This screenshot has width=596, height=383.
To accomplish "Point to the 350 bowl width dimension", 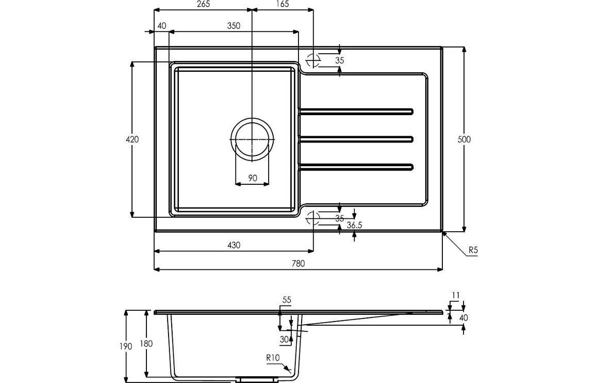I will tap(234, 26).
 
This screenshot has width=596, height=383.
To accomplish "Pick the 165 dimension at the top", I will tap(282, 4).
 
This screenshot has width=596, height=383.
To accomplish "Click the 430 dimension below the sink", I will tap(234, 246).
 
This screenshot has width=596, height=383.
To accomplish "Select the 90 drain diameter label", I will tap(253, 178).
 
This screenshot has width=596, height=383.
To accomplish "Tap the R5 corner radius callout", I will tap(473, 251).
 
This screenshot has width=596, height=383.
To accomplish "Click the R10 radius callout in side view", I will tap(273, 357).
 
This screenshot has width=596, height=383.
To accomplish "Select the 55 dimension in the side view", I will tap(287, 300).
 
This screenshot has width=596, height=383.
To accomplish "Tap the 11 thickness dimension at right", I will tap(455, 295).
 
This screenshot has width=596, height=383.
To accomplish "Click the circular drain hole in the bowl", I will tap(252, 139).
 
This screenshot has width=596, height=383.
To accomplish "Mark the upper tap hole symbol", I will tap(312, 60).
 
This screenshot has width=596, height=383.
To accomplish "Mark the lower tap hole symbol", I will tap(312, 218).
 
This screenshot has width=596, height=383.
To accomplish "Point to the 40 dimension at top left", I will tap(162, 26).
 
